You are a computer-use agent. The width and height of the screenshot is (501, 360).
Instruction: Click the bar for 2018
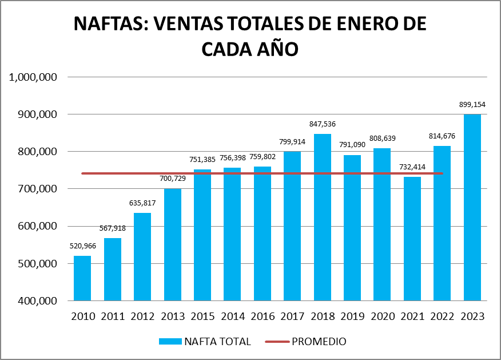(323, 217)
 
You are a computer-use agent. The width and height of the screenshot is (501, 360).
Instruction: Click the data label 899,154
(472, 105)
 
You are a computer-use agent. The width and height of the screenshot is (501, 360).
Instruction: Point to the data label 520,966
(82, 246)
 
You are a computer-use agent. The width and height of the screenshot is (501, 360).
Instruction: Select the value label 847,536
(323, 124)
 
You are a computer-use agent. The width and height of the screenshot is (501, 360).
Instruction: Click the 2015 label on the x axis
(202, 317)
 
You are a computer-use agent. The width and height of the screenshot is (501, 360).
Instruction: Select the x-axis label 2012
(142, 317)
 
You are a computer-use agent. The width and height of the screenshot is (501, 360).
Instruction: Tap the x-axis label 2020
(383, 317)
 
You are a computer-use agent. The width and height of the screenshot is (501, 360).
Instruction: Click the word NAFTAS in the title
(109, 24)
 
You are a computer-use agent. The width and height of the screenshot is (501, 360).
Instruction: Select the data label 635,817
(142, 203)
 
